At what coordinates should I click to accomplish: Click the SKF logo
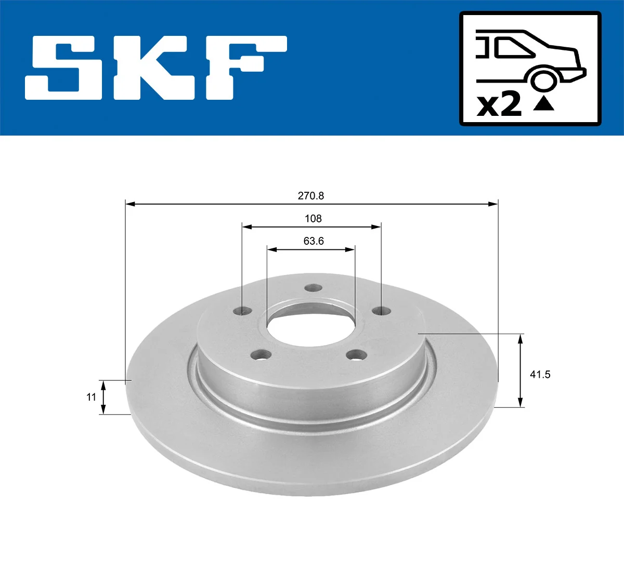pyautogui.click(x=156, y=68)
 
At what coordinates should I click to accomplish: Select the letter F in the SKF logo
pyautogui.click(x=245, y=68)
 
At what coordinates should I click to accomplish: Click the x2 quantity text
pyautogui.click(x=499, y=105)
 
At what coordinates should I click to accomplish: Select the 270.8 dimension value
pyautogui.click(x=311, y=196)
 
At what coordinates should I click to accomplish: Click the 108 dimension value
pyautogui.click(x=313, y=219)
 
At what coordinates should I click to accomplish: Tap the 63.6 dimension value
pyautogui.click(x=314, y=241)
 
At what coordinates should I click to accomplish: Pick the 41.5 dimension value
pyautogui.click(x=540, y=374)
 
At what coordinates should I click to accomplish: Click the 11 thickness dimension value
pyautogui.click(x=92, y=397)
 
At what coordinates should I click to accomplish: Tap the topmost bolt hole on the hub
pyautogui.click(x=313, y=288)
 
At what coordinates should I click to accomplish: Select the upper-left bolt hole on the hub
pyautogui.click(x=242, y=311)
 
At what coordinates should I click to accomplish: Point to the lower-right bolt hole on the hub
pyautogui.click(x=356, y=355)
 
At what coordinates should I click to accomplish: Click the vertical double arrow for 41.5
pyautogui.click(x=520, y=370)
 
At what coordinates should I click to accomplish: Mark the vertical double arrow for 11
pyautogui.click(x=103, y=397)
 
